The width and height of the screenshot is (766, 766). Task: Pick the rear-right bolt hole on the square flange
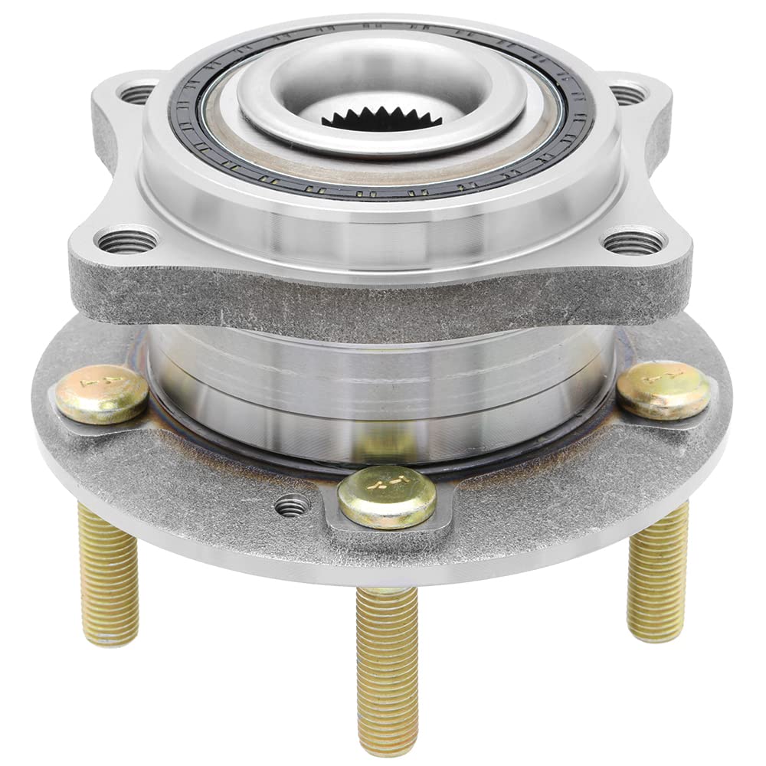click(x=627, y=94)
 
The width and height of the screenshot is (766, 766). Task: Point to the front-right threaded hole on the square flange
click(x=633, y=243)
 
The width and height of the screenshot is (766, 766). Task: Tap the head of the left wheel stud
click(x=101, y=394)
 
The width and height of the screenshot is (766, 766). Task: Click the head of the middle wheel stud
click(x=387, y=496)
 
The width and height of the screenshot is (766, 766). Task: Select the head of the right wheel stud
click(x=663, y=389)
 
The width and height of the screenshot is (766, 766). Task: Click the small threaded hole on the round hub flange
click(x=293, y=505)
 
